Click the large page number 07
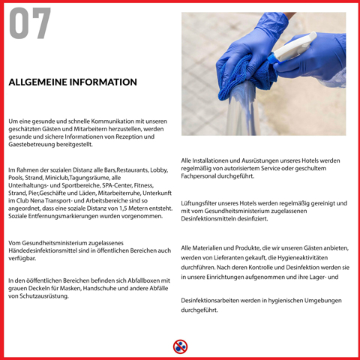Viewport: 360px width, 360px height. point(30,22)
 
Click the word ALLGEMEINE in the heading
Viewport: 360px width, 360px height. point(37,82)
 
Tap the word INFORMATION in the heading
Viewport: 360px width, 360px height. point(103,82)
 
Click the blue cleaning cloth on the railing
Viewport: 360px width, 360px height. point(246,75)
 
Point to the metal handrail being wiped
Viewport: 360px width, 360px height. point(241,110)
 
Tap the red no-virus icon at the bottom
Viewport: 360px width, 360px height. point(180,346)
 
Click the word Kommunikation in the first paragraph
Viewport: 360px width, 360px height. point(112,121)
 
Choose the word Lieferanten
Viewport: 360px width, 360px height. point(229,258)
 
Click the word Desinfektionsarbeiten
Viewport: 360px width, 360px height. point(210,301)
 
